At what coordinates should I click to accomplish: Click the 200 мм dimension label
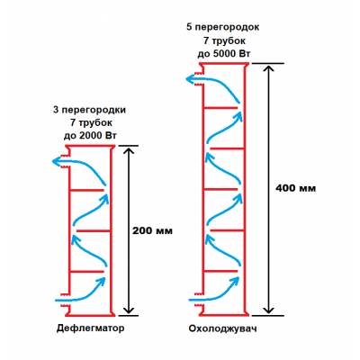(152, 230)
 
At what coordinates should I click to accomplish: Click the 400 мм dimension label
(295, 188)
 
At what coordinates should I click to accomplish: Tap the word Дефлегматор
(90, 328)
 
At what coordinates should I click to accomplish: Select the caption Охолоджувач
(222, 328)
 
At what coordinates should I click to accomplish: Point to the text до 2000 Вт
(90, 136)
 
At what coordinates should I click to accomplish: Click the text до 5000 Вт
(224, 54)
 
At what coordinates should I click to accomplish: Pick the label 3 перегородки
(89, 110)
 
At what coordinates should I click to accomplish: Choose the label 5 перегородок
(223, 27)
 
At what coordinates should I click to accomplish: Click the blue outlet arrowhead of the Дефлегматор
(56, 162)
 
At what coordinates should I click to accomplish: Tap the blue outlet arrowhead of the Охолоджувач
(190, 79)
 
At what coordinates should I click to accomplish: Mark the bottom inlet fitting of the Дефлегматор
(65, 300)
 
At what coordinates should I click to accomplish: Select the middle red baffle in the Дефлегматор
(94, 231)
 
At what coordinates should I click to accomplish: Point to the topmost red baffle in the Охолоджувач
(220, 107)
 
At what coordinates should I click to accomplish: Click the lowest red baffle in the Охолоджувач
(220, 271)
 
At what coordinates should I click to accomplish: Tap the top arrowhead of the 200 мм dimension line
(129, 150)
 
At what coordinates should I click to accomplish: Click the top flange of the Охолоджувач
(224, 64)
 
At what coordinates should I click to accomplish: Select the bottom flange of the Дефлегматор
(90, 314)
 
